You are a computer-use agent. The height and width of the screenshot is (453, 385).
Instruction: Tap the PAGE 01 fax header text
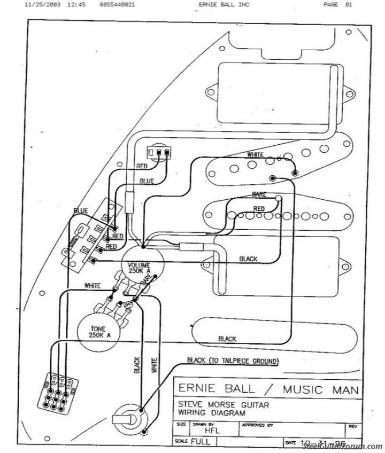[x=338, y=4]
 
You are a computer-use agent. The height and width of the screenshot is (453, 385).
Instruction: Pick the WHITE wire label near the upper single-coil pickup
[x=255, y=154]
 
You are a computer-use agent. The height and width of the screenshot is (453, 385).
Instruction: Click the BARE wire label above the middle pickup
[x=259, y=194]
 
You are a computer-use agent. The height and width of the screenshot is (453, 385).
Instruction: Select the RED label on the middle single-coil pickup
[x=259, y=208]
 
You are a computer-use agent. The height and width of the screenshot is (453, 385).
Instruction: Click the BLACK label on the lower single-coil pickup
[x=227, y=339]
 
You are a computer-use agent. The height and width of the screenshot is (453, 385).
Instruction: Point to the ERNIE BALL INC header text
[x=223, y=4]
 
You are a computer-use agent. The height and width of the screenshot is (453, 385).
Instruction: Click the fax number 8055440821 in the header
[x=117, y=4]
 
